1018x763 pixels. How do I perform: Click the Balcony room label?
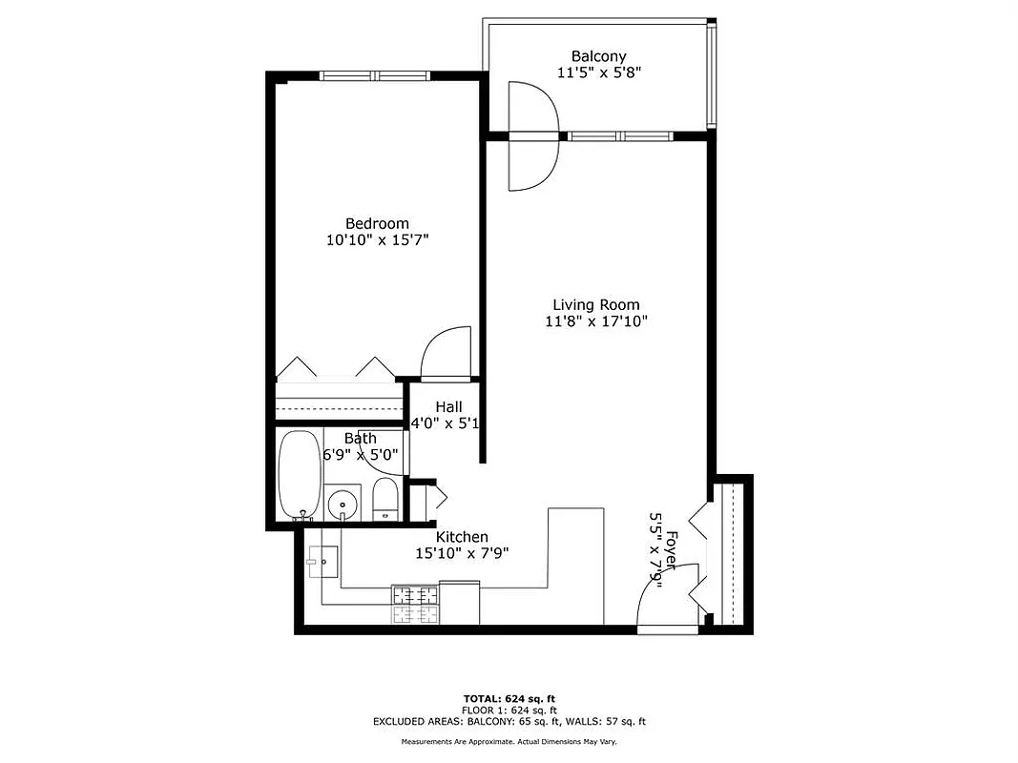598,56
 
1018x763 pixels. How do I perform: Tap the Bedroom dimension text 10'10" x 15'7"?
377,240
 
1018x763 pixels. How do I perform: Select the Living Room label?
596,305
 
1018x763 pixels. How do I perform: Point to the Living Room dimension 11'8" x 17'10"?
596,321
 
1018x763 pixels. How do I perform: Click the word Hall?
448,407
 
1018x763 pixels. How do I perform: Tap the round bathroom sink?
342,503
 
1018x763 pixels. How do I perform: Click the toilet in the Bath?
385,499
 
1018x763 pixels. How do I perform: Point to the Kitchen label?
462,537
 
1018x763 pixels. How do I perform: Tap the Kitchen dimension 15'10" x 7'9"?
462,553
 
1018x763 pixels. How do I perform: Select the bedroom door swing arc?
445,350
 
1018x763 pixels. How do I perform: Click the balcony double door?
532,135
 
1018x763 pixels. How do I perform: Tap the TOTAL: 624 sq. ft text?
509,697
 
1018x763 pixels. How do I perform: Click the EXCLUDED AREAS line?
509,721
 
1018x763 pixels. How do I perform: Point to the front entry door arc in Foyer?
657,600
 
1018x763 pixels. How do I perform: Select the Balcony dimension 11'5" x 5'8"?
598,72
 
